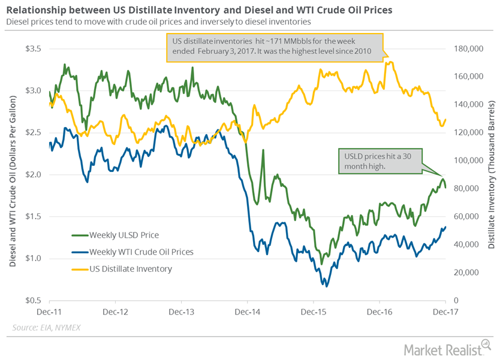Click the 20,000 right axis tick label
click(x=466, y=273)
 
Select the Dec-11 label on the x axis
click(x=50, y=312)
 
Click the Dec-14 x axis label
click(x=248, y=312)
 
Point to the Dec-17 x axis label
click(x=445, y=312)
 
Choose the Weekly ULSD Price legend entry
click(x=124, y=234)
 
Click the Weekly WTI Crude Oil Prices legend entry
click(x=141, y=252)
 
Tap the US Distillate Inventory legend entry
click(x=130, y=269)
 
